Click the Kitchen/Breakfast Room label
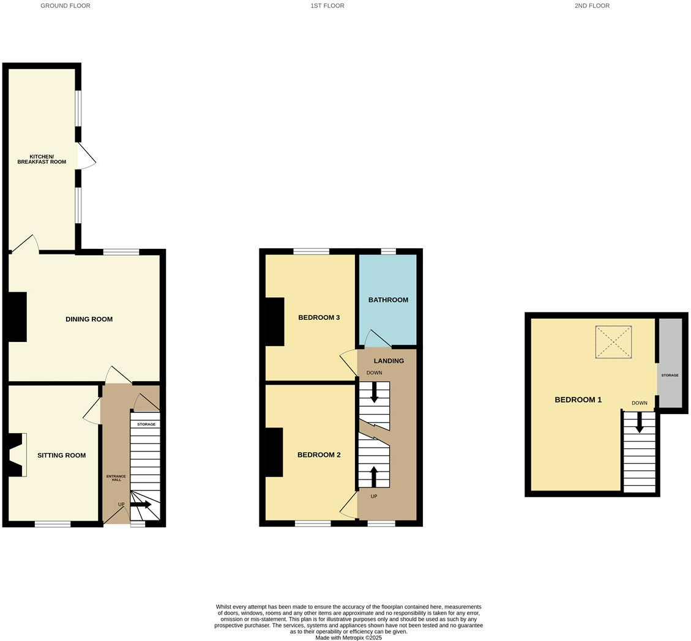(x=42, y=159)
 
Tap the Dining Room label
(x=89, y=319)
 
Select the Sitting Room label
(x=61, y=455)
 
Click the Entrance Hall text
(x=116, y=478)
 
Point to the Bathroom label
(x=388, y=300)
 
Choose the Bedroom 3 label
(x=319, y=317)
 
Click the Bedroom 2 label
(x=318, y=455)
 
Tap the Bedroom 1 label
(x=578, y=400)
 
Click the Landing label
(x=389, y=361)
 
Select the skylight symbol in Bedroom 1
(x=613, y=342)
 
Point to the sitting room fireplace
(x=17, y=454)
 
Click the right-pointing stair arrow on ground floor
(x=141, y=505)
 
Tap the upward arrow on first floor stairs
(x=374, y=476)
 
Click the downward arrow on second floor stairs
(x=639, y=422)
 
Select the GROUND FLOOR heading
(x=65, y=6)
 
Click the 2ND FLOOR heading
(x=592, y=6)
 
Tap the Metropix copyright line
(x=348, y=637)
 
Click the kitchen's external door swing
(x=86, y=157)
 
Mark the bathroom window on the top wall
(x=388, y=251)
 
